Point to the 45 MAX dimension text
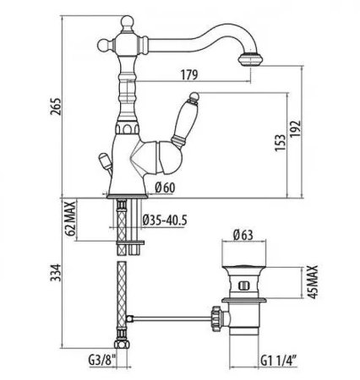tap(316, 283)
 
